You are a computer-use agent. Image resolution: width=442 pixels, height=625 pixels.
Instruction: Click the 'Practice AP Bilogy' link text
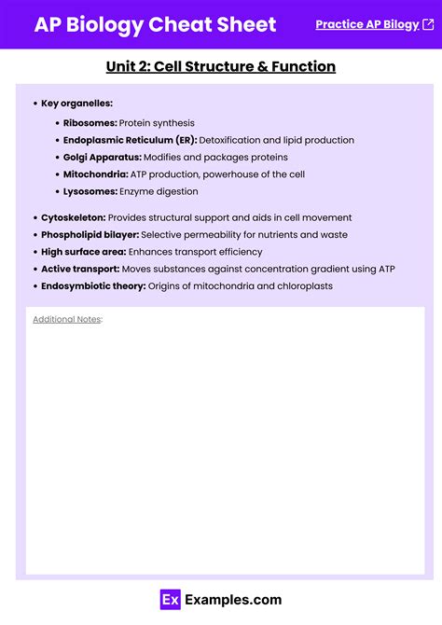(366, 24)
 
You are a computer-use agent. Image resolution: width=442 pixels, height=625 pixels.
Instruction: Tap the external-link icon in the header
(428, 24)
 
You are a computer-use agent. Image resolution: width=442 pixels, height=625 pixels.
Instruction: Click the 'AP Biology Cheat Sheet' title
(155, 25)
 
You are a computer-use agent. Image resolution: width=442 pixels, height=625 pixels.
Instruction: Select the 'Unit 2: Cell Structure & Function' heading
(221, 66)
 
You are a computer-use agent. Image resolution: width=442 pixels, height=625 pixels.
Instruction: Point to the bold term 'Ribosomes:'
(90, 123)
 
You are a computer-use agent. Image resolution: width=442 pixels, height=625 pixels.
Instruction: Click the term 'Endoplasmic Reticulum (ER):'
(130, 140)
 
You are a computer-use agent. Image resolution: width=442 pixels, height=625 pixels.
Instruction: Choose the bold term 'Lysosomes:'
(90, 191)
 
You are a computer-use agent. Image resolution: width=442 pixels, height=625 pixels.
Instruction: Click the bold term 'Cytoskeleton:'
(73, 217)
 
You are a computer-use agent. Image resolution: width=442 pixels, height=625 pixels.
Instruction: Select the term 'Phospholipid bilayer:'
(90, 234)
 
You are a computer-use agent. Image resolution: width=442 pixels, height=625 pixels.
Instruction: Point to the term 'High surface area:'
(83, 252)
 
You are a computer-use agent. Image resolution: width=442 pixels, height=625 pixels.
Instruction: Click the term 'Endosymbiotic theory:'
(93, 285)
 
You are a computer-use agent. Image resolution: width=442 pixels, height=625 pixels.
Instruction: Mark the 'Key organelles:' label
(76, 103)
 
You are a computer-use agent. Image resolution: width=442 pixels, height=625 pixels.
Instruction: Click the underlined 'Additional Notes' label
(66, 319)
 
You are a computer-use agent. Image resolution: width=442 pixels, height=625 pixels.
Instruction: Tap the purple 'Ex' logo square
(170, 600)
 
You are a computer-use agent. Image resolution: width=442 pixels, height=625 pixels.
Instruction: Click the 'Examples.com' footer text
(232, 600)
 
